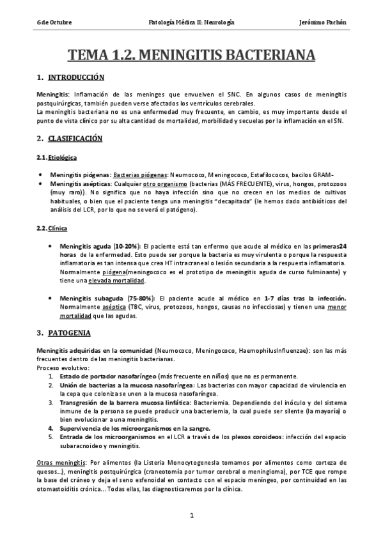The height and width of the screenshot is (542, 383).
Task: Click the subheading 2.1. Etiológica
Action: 63,157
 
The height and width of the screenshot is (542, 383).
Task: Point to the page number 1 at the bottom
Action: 191,515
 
